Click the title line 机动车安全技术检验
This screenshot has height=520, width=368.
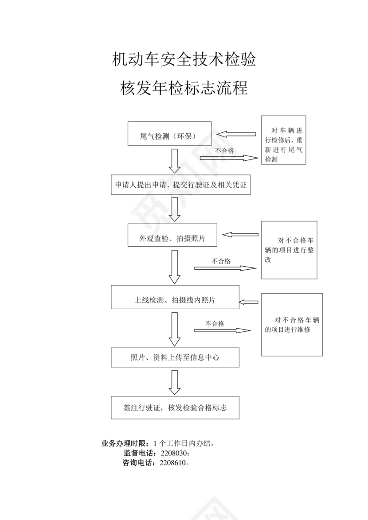click(x=184, y=59)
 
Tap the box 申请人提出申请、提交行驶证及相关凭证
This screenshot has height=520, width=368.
click(x=181, y=185)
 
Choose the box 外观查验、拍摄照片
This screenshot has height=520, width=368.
click(x=172, y=235)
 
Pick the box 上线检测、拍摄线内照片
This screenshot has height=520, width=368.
click(x=175, y=297)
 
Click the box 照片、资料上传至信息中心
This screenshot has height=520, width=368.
click(x=175, y=357)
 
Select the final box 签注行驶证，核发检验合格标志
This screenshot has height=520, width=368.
click(x=175, y=407)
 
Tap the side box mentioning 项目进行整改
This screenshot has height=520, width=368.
click(x=289, y=250)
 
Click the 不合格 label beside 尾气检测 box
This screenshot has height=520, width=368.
click(x=225, y=151)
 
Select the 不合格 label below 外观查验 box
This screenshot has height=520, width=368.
click(x=221, y=261)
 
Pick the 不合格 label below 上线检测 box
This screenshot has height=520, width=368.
click(x=215, y=323)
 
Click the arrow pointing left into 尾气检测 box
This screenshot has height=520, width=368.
click(x=236, y=134)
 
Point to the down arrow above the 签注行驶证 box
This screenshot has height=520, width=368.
click(x=175, y=382)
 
